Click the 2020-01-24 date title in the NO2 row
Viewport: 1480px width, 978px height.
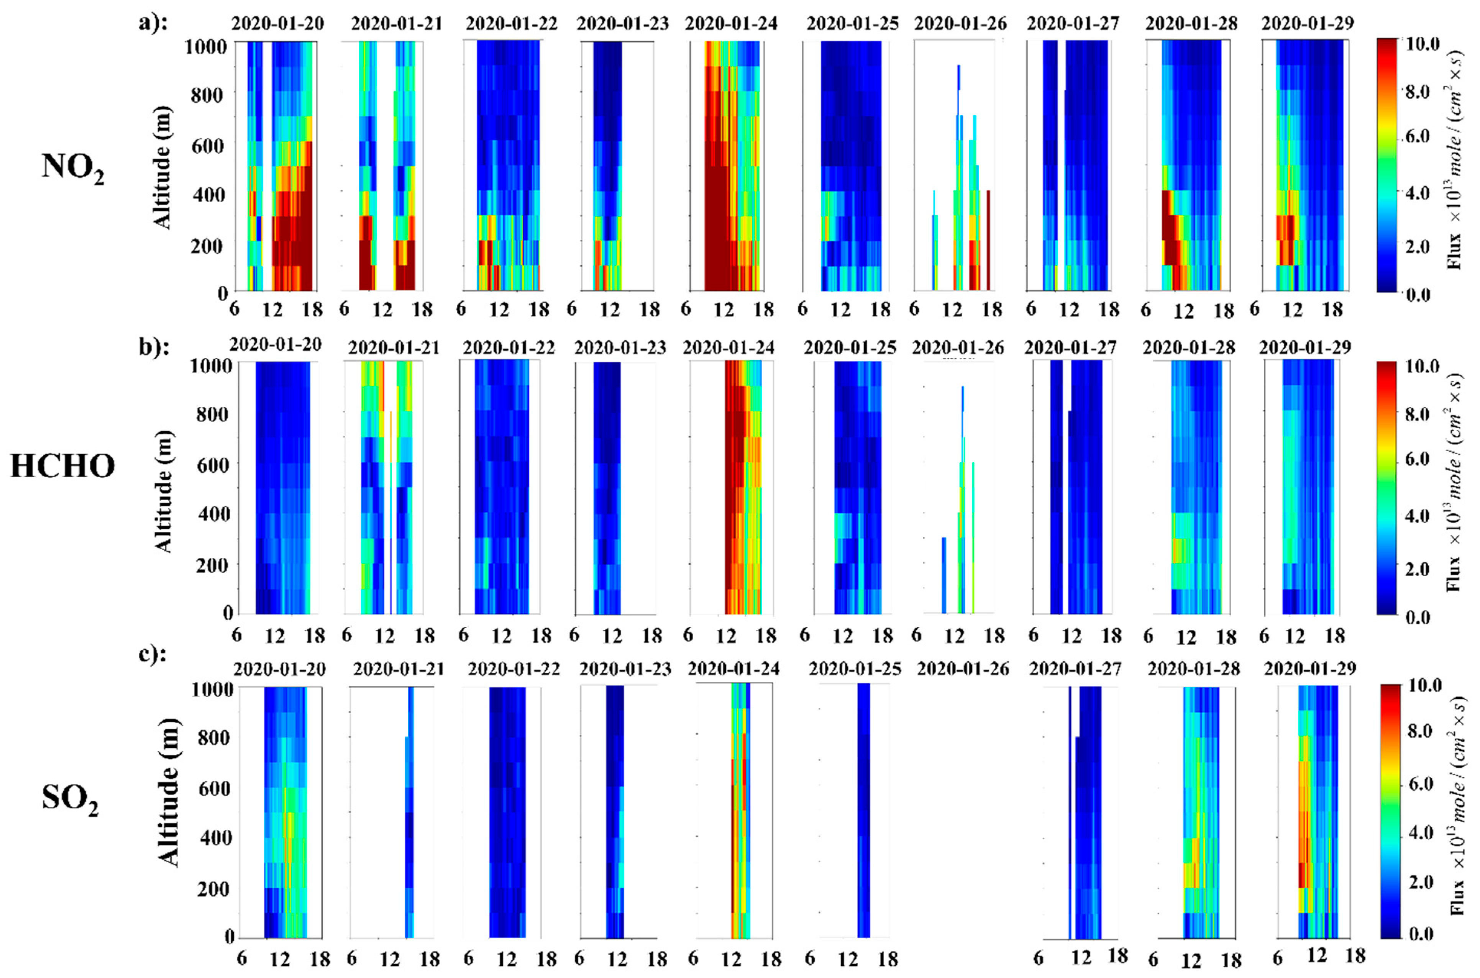pyautogui.click(x=731, y=24)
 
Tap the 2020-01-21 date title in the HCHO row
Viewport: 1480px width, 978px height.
pyautogui.click(x=394, y=347)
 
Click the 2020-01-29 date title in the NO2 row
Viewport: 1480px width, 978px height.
pyautogui.click(x=1308, y=24)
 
